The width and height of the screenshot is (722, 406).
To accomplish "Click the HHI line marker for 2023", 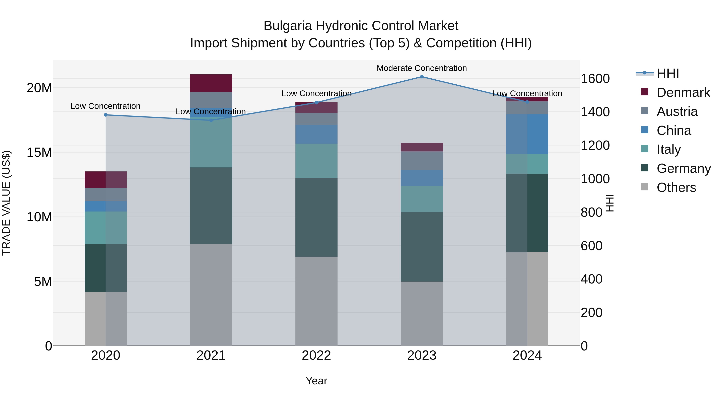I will click(x=422, y=77).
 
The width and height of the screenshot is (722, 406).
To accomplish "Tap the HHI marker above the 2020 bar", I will click(x=106, y=115).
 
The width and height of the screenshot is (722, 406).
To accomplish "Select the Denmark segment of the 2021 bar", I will click(x=211, y=83).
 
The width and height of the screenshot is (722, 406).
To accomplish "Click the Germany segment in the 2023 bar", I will click(x=422, y=247).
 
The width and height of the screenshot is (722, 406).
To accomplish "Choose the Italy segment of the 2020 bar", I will click(x=106, y=228).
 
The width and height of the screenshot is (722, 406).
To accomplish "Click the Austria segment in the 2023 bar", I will click(x=422, y=161).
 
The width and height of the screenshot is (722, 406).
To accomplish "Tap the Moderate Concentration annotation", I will click(x=422, y=68).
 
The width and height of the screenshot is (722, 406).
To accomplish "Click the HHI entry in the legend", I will click(x=668, y=73).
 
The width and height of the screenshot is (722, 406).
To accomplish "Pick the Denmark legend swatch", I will click(x=645, y=92).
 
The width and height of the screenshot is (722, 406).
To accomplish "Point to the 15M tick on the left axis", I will click(x=39, y=152).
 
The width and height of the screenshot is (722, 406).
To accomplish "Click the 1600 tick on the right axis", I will click(x=595, y=79).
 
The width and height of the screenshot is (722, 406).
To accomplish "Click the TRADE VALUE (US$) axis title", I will click(x=6, y=203).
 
